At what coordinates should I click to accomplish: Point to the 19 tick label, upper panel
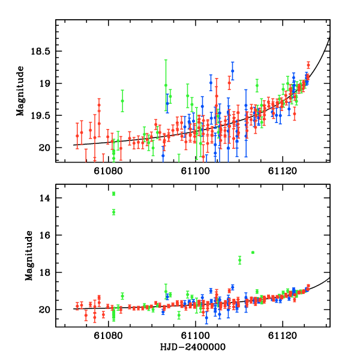coord(45,83)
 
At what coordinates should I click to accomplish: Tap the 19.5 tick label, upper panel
coord(40,115)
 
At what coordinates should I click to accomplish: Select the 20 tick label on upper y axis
coord(45,148)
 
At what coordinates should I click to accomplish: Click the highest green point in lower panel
coord(113,193)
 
